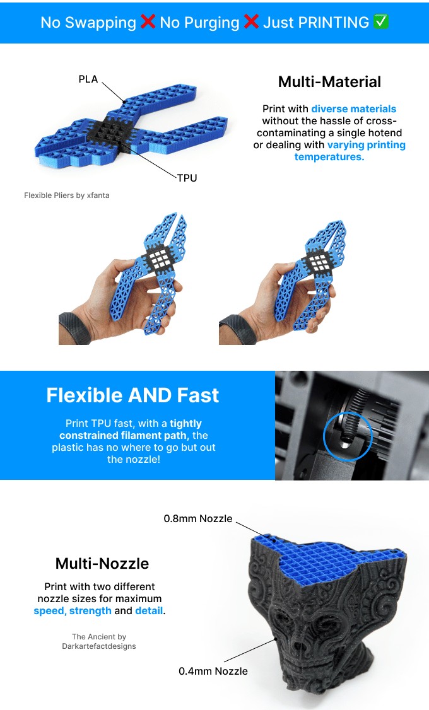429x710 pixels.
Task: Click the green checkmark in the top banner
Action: (x=381, y=22)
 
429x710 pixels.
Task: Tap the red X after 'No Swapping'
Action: (x=148, y=22)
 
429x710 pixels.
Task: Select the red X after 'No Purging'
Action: (x=251, y=22)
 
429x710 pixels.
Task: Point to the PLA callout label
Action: (x=88, y=79)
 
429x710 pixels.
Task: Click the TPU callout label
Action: (x=187, y=178)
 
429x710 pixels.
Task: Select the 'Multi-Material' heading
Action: (x=329, y=81)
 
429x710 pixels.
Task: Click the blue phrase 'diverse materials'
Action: (x=353, y=108)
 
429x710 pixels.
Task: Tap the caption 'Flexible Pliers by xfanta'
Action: (x=67, y=195)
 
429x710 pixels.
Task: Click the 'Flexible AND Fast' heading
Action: (x=132, y=395)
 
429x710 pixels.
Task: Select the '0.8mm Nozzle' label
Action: (x=198, y=518)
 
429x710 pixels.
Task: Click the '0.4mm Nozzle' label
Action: (x=213, y=671)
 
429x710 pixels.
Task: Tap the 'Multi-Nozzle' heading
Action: (x=102, y=563)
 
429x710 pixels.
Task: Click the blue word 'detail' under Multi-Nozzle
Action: (x=149, y=610)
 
